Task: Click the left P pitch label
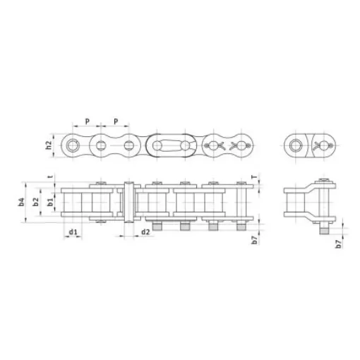click(87, 121)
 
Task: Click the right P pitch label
click(115, 121)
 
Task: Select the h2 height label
click(49, 146)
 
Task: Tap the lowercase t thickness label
click(49, 178)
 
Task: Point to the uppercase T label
click(253, 177)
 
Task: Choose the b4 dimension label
click(23, 202)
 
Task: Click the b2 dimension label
click(37, 202)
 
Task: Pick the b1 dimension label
click(49, 203)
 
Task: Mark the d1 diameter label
click(72, 232)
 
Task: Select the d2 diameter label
click(145, 232)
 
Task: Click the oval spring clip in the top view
click(171, 146)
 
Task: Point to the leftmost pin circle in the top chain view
click(73, 146)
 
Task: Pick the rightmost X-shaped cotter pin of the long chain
click(240, 146)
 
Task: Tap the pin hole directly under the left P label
click(101, 146)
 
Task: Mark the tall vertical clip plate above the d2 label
click(129, 203)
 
